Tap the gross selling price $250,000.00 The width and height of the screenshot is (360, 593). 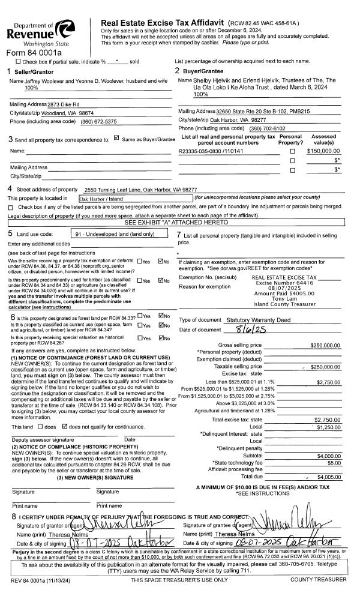[x=325, y=345]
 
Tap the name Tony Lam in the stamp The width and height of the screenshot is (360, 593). [x=281, y=299]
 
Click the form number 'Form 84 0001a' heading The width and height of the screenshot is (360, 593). [x=30, y=52]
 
